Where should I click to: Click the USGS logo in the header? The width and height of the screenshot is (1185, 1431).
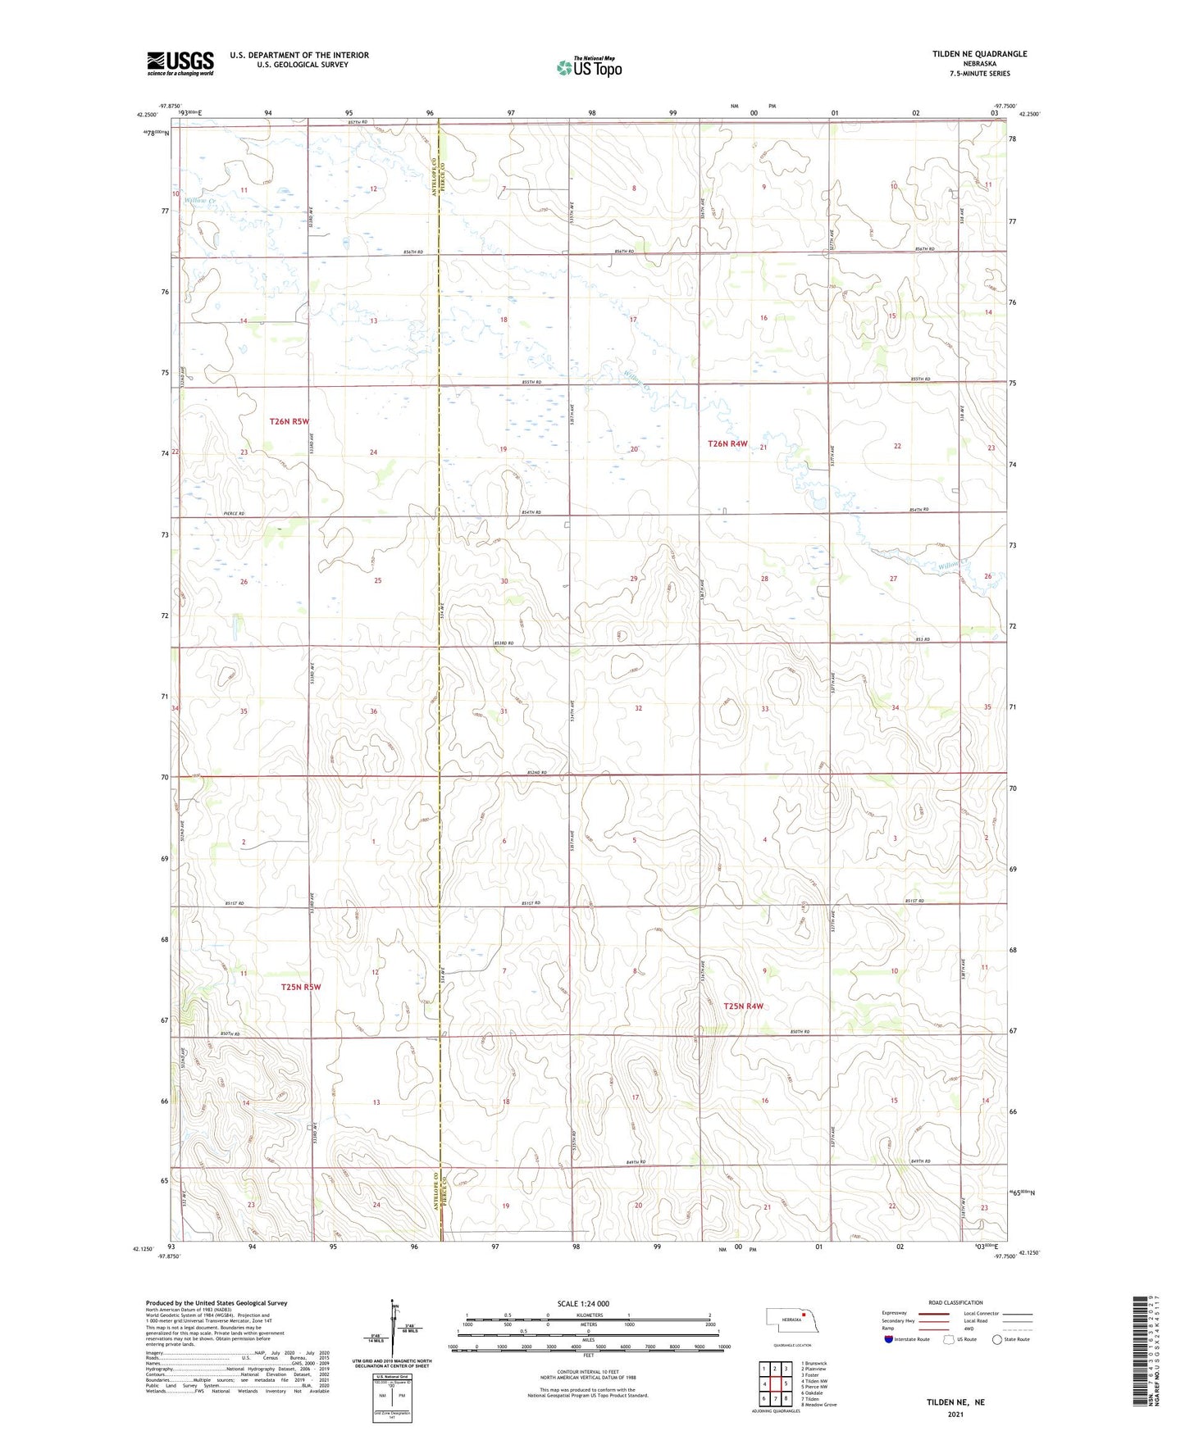[180, 63]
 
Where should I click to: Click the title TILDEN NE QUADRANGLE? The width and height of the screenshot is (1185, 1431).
[979, 54]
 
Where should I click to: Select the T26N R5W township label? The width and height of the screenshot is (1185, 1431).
[289, 422]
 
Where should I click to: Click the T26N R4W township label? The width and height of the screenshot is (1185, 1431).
[727, 443]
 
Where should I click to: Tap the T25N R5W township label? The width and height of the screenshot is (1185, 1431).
[301, 988]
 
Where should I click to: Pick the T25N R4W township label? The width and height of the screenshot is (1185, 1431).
[743, 1006]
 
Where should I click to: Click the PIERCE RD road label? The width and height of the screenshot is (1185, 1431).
[234, 514]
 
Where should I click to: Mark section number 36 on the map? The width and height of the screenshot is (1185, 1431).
[373, 711]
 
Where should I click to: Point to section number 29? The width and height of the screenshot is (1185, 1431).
[633, 579]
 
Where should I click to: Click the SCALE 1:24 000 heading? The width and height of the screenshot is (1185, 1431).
[583, 1303]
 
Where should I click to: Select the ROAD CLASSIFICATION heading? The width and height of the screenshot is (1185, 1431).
[955, 1302]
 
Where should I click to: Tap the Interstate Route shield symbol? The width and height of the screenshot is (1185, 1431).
[889, 1339]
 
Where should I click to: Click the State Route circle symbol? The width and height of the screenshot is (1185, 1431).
[997, 1339]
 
